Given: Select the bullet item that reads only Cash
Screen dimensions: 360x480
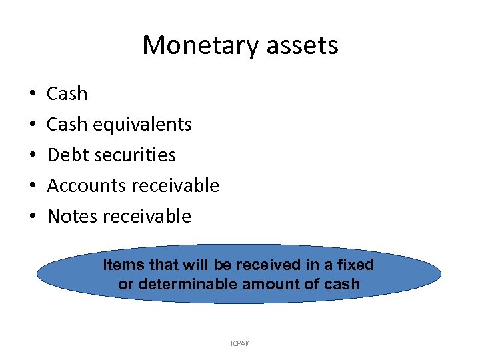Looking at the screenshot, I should tap(67, 94).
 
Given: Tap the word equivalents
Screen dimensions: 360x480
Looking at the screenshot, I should tap(143, 125).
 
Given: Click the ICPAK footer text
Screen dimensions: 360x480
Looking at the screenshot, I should tap(239, 343).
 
